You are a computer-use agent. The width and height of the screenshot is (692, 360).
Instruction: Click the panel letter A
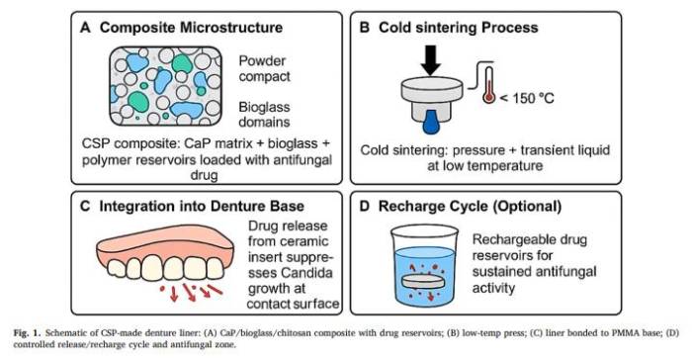pos(85,28)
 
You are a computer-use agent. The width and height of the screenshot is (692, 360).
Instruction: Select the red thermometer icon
pos(488,85)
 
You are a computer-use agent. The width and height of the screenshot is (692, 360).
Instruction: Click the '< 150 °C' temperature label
pos(526,97)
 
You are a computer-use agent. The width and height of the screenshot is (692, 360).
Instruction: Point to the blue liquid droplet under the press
pos(431,122)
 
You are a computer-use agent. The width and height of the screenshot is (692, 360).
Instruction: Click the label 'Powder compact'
pos(264,68)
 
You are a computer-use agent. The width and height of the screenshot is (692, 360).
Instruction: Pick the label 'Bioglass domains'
pos(264,115)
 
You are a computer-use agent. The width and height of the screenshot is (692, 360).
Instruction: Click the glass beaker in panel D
pos(424,265)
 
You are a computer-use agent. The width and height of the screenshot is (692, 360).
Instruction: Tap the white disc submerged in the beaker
pos(424,282)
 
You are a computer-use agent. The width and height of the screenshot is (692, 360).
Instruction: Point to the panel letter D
pos(365,207)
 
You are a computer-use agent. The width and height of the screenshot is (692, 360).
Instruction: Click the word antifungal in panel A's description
pos(303,159)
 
